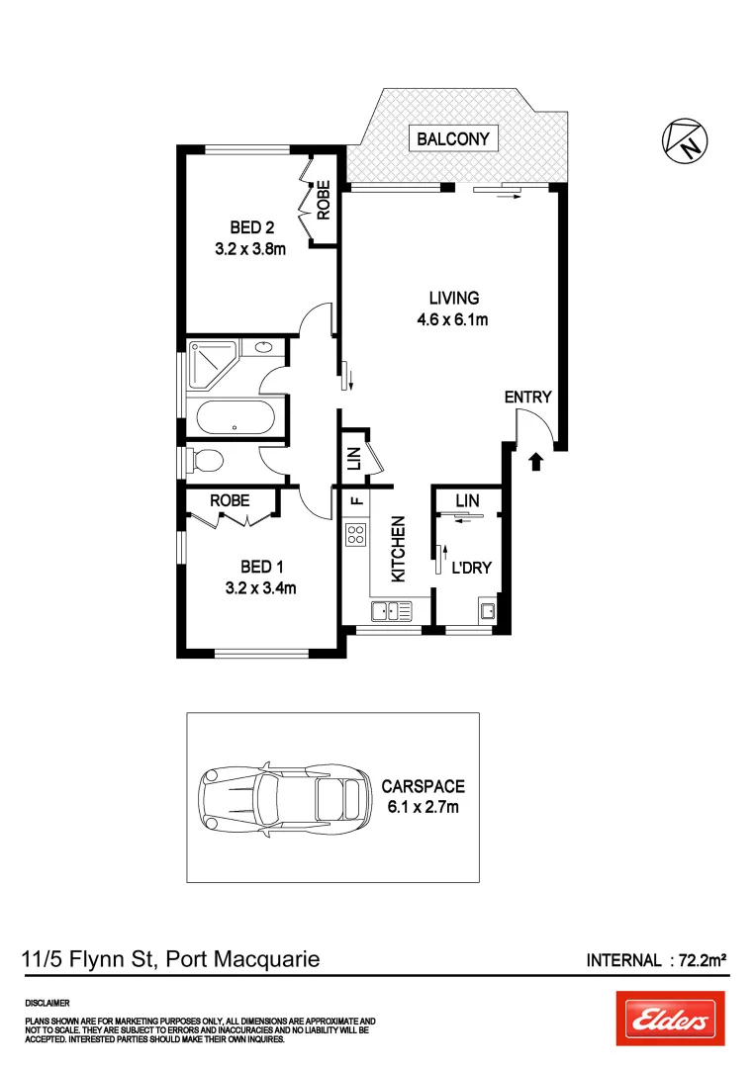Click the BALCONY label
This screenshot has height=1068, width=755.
[453, 139]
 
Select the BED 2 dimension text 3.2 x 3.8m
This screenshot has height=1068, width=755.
[250, 249]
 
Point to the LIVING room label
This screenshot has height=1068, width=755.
[453, 297]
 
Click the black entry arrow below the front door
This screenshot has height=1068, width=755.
[536, 461]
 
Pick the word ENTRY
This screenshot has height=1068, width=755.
[527, 397]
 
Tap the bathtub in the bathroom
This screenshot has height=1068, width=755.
[235, 416]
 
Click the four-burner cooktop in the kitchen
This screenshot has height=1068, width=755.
[356, 536]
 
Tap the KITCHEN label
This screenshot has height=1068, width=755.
[399, 550]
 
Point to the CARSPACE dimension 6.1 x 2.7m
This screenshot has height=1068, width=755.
[423, 807]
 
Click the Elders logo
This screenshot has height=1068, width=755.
[670, 1019]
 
